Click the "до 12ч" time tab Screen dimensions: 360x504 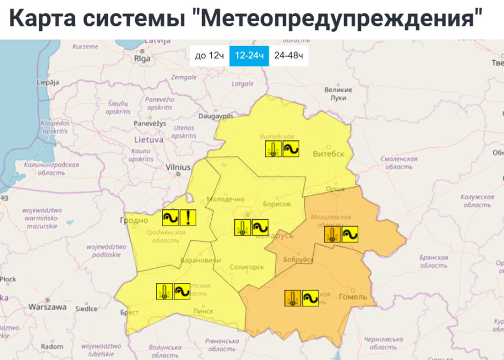tap(209, 56)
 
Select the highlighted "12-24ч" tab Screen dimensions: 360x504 tap(249, 56)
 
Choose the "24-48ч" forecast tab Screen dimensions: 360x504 tap(288, 56)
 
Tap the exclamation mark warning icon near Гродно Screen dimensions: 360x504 tap(188, 217)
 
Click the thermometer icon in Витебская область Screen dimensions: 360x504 tap(273, 149)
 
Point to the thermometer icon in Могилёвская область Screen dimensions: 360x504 tap(332, 234)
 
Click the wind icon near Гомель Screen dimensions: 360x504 tap(310, 298)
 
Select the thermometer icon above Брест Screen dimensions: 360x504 tap(164, 291)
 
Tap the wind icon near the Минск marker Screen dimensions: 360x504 tap(260, 227)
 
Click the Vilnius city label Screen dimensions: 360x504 tap(178, 168)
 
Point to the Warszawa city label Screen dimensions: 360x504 tap(48, 307)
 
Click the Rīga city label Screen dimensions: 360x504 tap(142, 59)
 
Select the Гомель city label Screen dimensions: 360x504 tap(353, 297)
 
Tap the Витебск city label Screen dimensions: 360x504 tap(328, 154)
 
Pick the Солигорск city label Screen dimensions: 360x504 tap(246, 267)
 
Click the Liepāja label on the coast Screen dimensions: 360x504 tap(48, 82)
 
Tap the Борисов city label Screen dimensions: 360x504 tap(277, 204)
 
